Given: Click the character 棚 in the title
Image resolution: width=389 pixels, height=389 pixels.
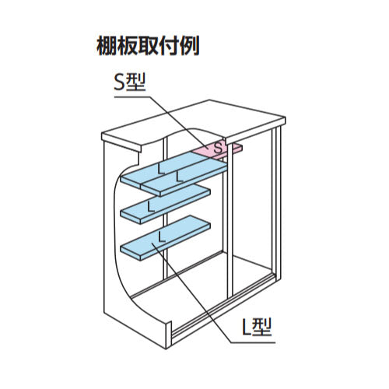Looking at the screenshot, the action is (x=106, y=46).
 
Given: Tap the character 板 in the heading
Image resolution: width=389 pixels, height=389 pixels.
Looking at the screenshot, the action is (x=127, y=46).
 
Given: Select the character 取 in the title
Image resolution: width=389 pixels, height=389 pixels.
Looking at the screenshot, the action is (x=147, y=46).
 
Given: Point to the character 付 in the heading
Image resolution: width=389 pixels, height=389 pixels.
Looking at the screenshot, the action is (x=168, y=46).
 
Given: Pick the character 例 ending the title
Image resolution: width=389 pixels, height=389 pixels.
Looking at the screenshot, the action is (x=189, y=46).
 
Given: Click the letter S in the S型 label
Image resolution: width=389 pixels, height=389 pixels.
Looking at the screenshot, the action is (x=119, y=82).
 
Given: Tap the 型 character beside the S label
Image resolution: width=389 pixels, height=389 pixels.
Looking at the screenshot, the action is (x=135, y=82).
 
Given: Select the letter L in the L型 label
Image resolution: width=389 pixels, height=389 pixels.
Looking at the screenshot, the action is (x=246, y=327).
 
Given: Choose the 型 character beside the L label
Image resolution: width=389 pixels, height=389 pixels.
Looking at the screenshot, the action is (x=261, y=327).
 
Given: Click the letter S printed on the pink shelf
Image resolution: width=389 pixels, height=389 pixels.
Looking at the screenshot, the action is (x=219, y=149).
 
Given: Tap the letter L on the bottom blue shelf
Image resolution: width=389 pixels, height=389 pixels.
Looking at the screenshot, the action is (x=162, y=237).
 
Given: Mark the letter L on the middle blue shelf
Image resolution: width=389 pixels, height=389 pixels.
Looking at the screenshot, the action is (x=151, y=206).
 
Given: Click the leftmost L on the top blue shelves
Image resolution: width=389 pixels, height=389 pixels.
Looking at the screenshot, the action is (x=162, y=169).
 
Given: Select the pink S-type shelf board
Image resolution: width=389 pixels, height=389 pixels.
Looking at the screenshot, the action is (x=217, y=151).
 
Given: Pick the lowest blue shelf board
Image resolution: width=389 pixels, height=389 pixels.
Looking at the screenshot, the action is (x=166, y=238).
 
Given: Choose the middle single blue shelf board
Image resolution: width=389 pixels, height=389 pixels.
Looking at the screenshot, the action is (x=166, y=204).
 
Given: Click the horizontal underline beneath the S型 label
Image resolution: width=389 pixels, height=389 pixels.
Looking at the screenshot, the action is (x=132, y=96).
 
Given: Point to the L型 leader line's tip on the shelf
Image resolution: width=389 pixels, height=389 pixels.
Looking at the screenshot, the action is (x=152, y=243).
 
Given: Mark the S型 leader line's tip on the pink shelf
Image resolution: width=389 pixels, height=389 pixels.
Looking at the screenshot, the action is (x=208, y=148).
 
